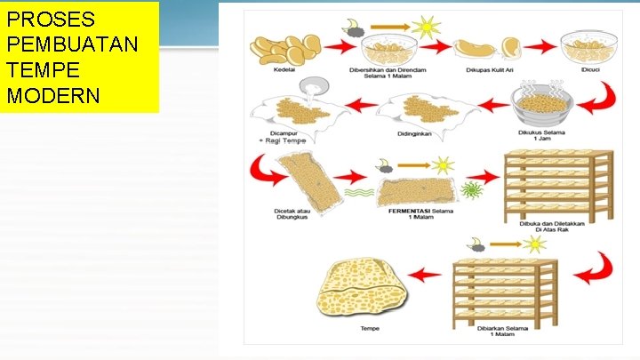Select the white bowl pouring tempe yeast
click(x=314, y=87)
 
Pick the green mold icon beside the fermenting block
click(x=471, y=189)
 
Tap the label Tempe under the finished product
click(x=370, y=327)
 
